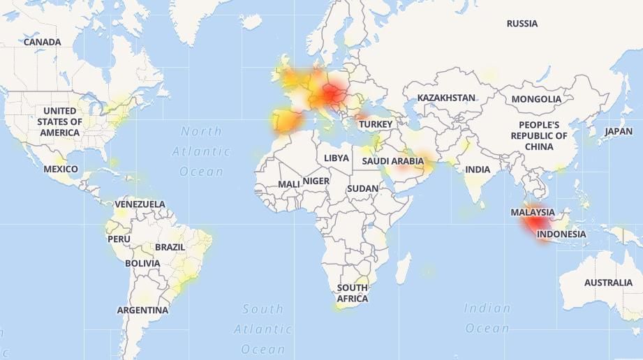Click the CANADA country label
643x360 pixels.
(x=42, y=42)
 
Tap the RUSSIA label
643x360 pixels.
(x=522, y=24)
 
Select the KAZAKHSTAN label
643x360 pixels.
(x=446, y=98)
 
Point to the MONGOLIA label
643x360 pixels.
(x=536, y=99)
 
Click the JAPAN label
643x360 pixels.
(x=619, y=131)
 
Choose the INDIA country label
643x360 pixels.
(x=478, y=170)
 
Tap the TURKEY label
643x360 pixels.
(x=376, y=124)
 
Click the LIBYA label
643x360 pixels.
(x=336, y=158)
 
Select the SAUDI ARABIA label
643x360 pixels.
(x=392, y=161)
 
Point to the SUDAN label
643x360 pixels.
(x=362, y=188)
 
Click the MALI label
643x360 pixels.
(x=289, y=184)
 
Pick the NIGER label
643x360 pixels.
(x=316, y=181)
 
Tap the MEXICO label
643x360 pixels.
(x=61, y=169)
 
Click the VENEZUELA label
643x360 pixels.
(x=140, y=204)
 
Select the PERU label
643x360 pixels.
(x=119, y=239)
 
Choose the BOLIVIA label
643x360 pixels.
(x=142, y=264)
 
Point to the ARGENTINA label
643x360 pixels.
(x=142, y=310)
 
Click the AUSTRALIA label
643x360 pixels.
(x=608, y=283)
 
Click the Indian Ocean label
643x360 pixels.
(x=487, y=317)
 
